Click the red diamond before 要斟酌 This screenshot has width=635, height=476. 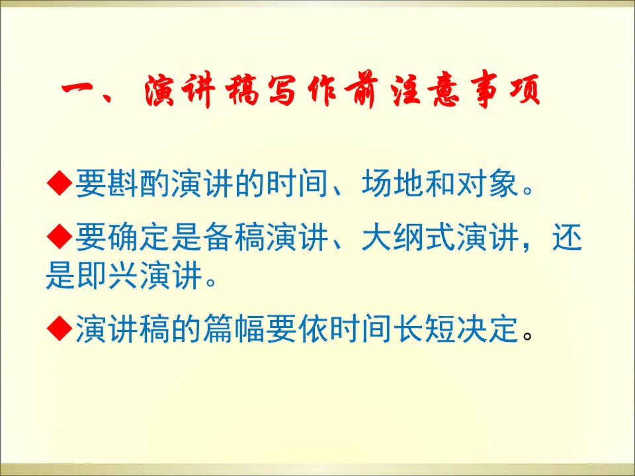coord(60,183)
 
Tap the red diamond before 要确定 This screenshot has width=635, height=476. coord(60,237)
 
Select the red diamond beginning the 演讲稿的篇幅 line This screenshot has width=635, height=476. coord(60,329)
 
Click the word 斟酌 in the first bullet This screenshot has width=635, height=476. coord(123,183)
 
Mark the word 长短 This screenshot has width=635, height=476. coord(425,329)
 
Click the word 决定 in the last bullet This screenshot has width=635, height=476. coord(488,329)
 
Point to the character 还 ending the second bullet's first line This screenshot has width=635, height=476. coord(568,237)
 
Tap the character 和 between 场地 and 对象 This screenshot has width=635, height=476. coord(441,183)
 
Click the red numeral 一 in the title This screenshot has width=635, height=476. coord(80,89)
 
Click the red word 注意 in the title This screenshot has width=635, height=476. coord(425,90)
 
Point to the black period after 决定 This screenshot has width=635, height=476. coord(527,336)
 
